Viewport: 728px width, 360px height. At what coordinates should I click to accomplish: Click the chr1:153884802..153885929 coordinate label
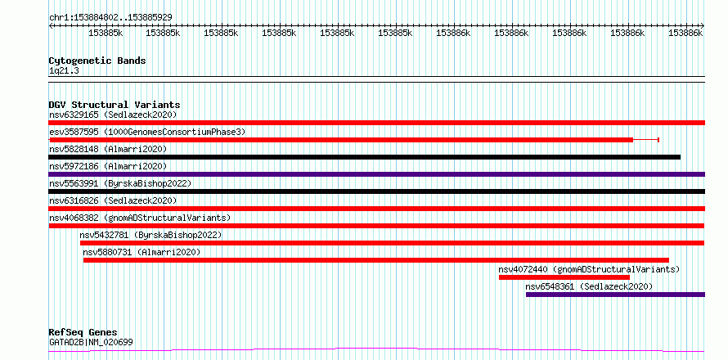pos(110,17)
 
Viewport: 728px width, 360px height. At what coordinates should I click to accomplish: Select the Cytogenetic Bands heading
pos(97,61)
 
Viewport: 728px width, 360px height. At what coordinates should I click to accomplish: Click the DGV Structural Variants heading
pos(115,105)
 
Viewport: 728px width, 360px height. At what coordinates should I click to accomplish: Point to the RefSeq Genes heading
pos(83,332)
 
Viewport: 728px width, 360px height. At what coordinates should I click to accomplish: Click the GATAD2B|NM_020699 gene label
pos(91,342)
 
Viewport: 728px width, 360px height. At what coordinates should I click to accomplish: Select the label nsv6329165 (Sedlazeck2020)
pos(113,115)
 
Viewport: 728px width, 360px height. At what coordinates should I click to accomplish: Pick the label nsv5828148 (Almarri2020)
pos(108,149)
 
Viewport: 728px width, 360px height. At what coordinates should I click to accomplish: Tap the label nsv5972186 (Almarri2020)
pos(108,166)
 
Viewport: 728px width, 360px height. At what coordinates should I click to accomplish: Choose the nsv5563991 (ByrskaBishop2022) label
pos(120,183)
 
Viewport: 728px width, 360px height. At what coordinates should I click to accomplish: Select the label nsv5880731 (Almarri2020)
pos(142,252)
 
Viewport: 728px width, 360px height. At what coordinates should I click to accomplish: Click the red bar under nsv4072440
pos(564,277)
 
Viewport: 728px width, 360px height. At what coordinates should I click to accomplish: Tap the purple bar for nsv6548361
pos(616,295)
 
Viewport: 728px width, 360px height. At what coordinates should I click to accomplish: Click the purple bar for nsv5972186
pos(377,174)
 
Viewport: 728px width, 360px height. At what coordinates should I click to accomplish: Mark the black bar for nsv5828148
pos(365,157)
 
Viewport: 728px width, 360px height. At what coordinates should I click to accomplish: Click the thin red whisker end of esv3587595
pos(658,140)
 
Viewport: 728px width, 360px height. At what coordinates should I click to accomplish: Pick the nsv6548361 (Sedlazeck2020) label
pos(589,286)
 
